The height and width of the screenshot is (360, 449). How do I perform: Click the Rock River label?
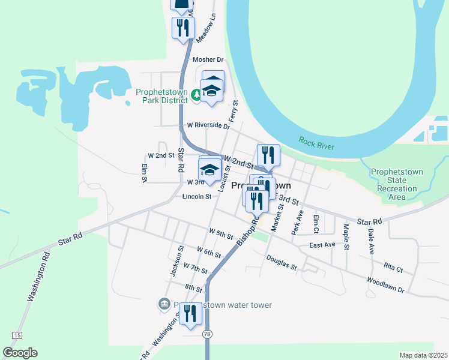(316, 143)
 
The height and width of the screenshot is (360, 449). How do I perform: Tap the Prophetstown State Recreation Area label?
(396, 184)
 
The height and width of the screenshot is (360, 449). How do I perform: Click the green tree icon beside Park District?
(195, 95)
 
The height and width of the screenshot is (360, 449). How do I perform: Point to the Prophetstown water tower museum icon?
(164, 304)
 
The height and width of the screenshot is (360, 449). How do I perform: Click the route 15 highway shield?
(16, 335)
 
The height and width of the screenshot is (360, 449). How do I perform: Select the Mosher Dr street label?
(208, 60)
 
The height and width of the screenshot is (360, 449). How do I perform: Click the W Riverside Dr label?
(208, 126)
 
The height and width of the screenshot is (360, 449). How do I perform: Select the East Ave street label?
(322, 245)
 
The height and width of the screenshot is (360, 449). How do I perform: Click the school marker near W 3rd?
(209, 170)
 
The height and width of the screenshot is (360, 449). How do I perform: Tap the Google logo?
(20, 353)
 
